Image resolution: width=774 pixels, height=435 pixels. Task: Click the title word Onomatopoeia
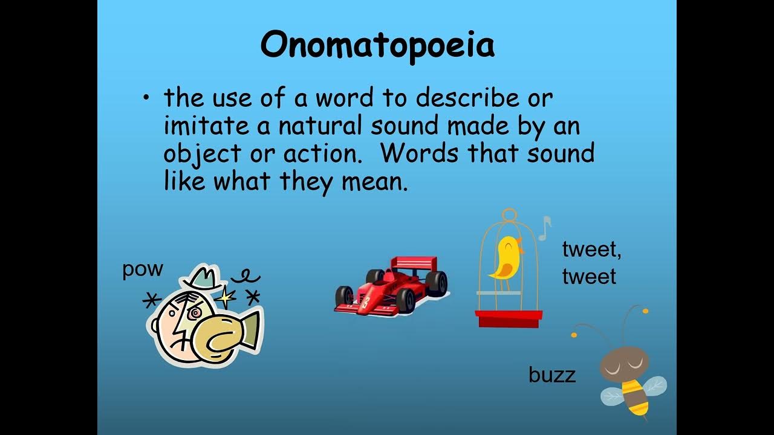pos(377,45)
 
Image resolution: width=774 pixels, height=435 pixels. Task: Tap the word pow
pos(143,269)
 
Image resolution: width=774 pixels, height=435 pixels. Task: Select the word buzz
pos(551,375)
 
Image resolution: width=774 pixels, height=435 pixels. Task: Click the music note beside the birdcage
pos(545,227)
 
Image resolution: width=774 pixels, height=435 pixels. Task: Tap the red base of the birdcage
pos(509,318)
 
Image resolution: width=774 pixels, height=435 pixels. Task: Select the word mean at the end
pos(374,181)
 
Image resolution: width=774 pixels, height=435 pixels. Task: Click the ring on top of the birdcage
pos(510,214)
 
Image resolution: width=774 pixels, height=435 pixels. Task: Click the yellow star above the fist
pos(226,296)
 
